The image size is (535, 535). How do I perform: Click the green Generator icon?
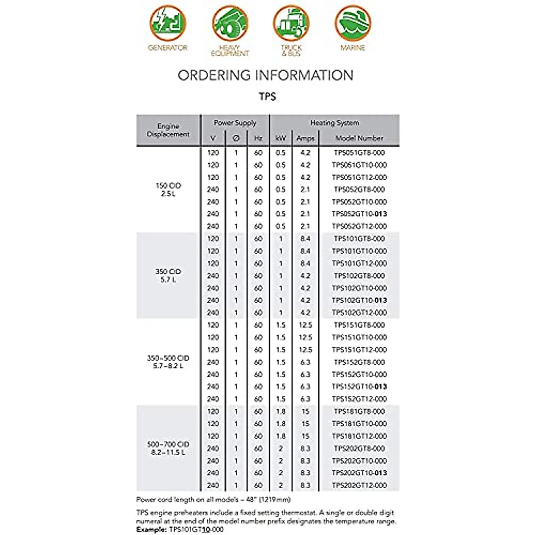click(168, 23)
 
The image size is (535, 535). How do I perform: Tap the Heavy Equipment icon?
click(230, 23)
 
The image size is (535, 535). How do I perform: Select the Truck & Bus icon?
click(291, 23)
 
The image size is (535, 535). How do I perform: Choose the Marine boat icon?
click(353, 23)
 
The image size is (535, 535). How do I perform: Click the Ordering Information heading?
click(266, 75)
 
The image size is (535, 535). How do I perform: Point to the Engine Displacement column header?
click(168, 130)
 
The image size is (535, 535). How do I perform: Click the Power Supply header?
click(235, 123)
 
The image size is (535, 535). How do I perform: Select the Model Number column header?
click(359, 138)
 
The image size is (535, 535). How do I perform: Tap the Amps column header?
click(305, 138)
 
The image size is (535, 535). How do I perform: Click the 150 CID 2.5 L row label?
click(168, 189)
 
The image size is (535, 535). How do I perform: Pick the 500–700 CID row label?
click(168, 448)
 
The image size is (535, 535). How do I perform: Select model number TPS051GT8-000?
click(359, 152)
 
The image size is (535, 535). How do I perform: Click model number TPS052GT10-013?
click(359, 214)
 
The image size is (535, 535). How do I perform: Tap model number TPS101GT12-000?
click(359, 263)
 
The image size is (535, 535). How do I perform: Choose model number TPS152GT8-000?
click(359, 362)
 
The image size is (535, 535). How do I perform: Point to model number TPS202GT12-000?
click(359, 485)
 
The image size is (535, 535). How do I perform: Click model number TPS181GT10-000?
click(359, 424)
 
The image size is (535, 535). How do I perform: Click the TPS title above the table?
click(267, 96)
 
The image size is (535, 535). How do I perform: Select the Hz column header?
click(258, 138)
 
